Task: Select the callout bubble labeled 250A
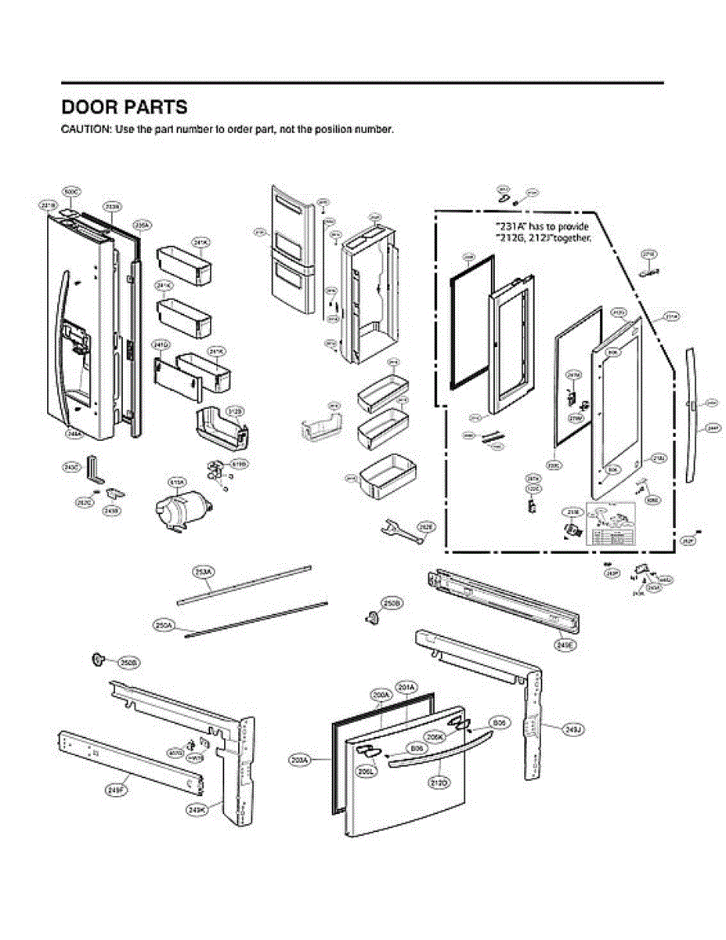pyautogui.click(x=164, y=624)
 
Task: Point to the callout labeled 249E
pyautogui.click(x=565, y=645)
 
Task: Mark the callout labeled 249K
pyautogui.click(x=197, y=809)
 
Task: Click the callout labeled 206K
pyautogui.click(x=435, y=736)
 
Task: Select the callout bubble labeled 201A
pyautogui.click(x=406, y=687)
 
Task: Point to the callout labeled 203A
pyautogui.click(x=300, y=759)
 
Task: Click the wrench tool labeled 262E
pyautogui.click(x=395, y=530)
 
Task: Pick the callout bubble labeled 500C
pyautogui.click(x=71, y=191)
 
